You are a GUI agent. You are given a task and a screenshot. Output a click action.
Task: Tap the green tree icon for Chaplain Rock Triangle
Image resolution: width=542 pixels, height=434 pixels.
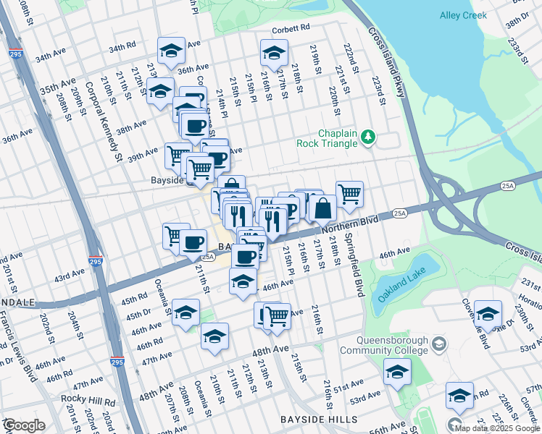[369, 136]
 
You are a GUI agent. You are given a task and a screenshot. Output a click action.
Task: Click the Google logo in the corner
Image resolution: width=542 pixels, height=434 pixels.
[23, 425]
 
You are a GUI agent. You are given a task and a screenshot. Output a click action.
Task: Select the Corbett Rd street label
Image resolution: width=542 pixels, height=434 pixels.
[291, 30]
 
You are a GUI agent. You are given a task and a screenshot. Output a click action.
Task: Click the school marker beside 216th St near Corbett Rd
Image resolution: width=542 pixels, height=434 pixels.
[274, 52]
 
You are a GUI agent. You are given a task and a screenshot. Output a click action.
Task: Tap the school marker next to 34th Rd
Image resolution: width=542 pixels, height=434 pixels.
[171, 50]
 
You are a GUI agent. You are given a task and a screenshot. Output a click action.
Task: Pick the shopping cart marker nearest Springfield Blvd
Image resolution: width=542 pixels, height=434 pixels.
[349, 193]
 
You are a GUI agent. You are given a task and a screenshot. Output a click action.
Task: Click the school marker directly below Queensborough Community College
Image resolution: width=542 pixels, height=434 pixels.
[397, 372]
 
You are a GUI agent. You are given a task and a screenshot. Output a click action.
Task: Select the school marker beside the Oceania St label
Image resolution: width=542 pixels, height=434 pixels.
[186, 312]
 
